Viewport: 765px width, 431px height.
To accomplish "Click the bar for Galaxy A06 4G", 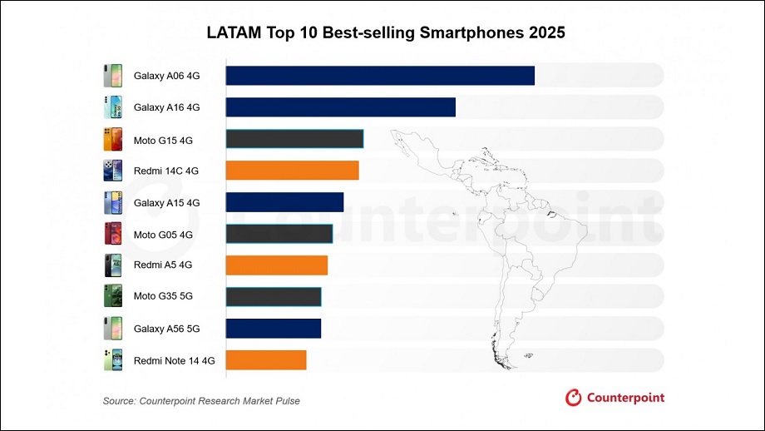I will pyautogui.click(x=380, y=76).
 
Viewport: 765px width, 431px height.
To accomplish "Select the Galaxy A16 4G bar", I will pyautogui.click(x=341, y=107).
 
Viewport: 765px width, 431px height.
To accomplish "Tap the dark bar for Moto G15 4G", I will pyautogui.click(x=294, y=139).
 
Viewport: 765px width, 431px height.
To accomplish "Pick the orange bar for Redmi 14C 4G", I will pyautogui.click(x=292, y=171).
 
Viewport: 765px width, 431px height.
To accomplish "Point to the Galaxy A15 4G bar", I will pyautogui.click(x=284, y=202).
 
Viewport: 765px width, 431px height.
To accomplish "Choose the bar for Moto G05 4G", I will pyautogui.click(x=279, y=234).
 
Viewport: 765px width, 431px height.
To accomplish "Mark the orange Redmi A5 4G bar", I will pyautogui.click(x=277, y=265).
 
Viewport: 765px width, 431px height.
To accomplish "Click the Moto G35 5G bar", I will pyautogui.click(x=274, y=296).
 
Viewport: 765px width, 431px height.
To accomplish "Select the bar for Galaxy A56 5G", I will pyautogui.click(x=274, y=328).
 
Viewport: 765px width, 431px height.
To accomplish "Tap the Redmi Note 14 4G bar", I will pyautogui.click(x=266, y=359).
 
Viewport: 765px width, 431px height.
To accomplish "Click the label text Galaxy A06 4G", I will pyautogui.click(x=166, y=77).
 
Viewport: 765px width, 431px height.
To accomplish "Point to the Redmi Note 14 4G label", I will pyautogui.click(x=174, y=360).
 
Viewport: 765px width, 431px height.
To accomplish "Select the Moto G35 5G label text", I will pyautogui.click(x=163, y=297).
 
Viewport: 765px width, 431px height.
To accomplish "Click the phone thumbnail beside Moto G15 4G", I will pyautogui.click(x=112, y=139).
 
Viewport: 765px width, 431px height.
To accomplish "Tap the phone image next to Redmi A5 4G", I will pyautogui.click(x=112, y=265).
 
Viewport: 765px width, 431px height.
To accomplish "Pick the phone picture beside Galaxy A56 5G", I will pyautogui.click(x=112, y=328).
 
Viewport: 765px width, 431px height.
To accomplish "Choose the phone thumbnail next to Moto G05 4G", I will pyautogui.click(x=112, y=234).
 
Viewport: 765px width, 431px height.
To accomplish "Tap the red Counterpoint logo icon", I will pyautogui.click(x=573, y=398).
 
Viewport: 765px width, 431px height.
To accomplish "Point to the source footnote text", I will pyautogui.click(x=201, y=401).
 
